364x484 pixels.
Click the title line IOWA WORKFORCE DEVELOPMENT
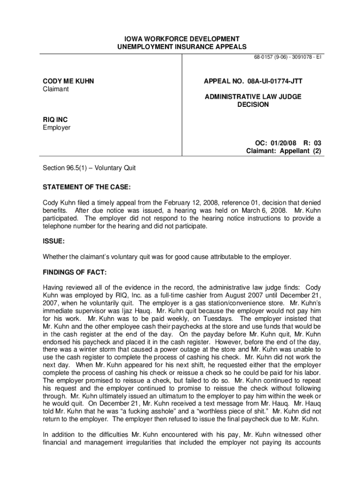(182, 39)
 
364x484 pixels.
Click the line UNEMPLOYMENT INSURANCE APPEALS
(182, 47)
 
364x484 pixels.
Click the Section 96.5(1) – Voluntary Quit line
(89, 167)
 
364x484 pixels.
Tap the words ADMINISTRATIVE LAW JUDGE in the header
(253, 97)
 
